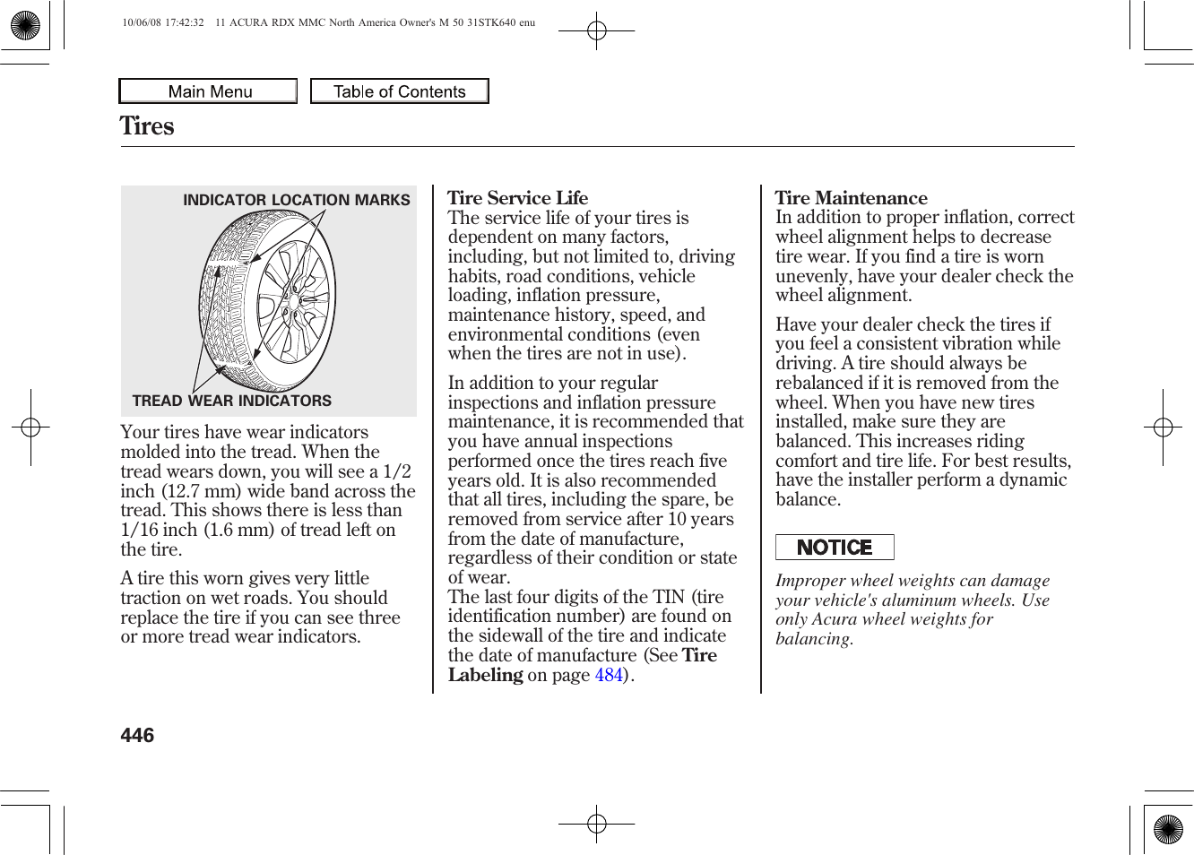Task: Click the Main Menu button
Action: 208,91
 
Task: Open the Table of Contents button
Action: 399,91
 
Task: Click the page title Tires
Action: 147,126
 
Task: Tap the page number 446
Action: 137,736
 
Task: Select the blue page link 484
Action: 609,676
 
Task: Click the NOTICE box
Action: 834,548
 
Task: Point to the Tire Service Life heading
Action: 517,198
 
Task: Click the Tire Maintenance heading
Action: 851,198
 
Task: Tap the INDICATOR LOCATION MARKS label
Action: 296,200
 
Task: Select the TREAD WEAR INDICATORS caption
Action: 231,401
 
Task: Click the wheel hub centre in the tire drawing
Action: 293,301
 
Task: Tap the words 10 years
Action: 700,520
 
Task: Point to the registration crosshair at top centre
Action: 597,31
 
